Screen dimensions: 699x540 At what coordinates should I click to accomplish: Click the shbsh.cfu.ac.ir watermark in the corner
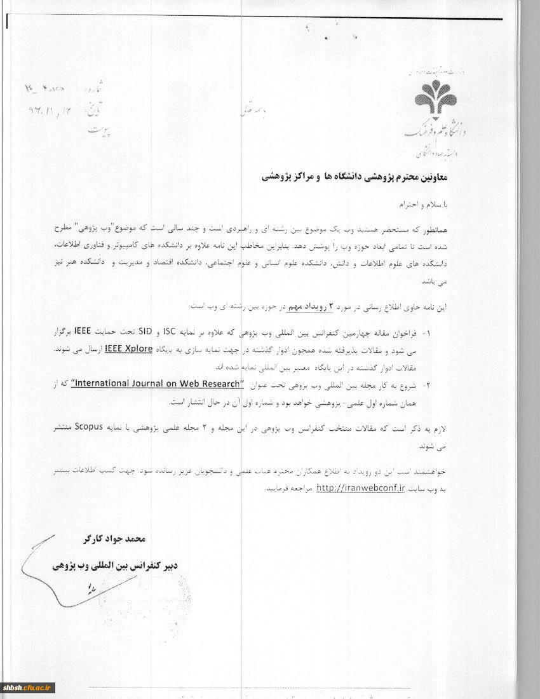pyautogui.click(x=28, y=688)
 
